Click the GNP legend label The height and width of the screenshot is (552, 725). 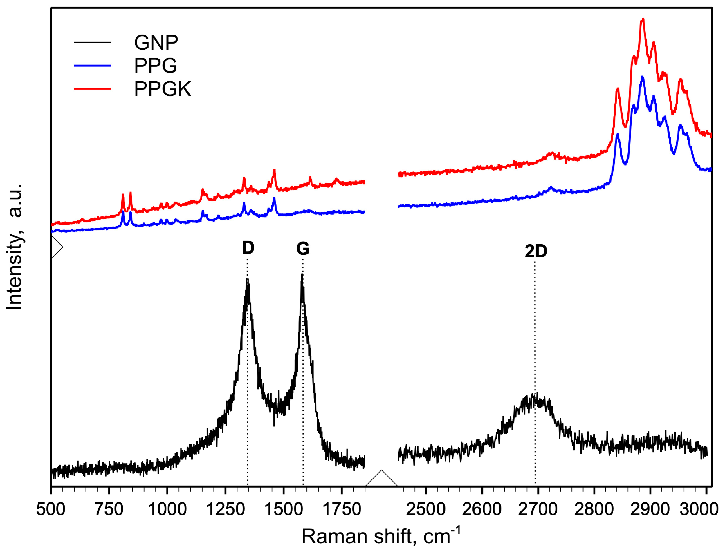click(x=156, y=42)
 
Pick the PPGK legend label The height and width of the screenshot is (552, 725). click(x=162, y=89)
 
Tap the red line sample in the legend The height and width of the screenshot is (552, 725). click(x=92, y=89)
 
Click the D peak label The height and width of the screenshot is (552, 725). click(x=248, y=248)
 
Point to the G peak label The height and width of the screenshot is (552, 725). click(x=302, y=248)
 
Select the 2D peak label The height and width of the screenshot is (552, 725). click(x=535, y=251)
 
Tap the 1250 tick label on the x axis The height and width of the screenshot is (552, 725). click(x=225, y=510)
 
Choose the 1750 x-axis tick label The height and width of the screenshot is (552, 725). click(x=342, y=510)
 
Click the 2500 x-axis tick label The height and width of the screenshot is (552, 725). click(x=425, y=510)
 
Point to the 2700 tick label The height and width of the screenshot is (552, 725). click(x=538, y=510)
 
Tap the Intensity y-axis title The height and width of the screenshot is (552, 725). click(x=15, y=247)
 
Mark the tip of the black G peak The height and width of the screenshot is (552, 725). click(x=302, y=275)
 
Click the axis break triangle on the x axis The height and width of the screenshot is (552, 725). click(x=381, y=478)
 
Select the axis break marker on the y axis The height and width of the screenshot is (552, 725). click(x=56, y=247)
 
